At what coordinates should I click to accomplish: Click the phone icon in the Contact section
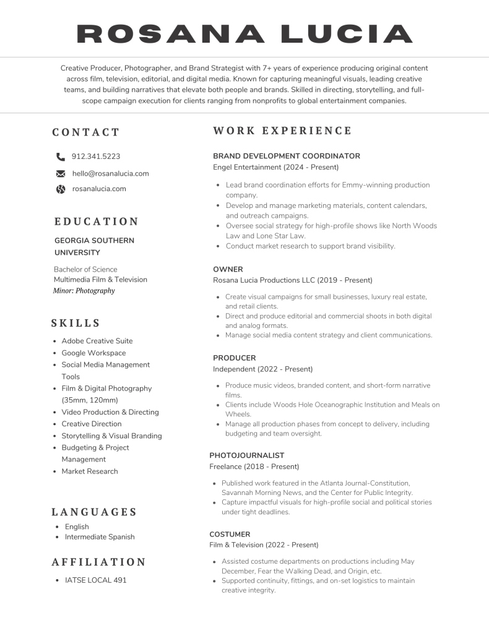pos(60,157)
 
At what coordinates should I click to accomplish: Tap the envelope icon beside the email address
pos(61,174)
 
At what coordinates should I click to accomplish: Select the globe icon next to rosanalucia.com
pos(61,189)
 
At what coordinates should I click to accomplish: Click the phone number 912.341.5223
pos(96,157)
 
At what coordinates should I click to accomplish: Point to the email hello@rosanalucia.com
pos(110,174)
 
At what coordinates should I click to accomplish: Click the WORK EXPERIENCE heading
pos(282,131)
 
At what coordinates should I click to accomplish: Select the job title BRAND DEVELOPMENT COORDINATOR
pos(287,156)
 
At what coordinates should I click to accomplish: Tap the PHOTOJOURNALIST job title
pos(246,455)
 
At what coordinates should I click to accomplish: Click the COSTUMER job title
pos(230,534)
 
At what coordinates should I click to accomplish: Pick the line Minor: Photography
pos(84,290)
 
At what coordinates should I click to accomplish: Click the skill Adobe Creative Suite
pos(97,341)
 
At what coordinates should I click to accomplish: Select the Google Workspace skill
pos(93,353)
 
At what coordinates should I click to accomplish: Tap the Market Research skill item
pos(89,472)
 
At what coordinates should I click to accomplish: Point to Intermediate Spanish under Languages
pos(100,537)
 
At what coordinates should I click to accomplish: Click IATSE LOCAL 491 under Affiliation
pos(96,580)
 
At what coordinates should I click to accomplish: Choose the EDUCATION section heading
pos(97,222)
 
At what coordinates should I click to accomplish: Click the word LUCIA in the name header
pos(347,33)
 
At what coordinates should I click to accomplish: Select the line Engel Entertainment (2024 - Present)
pos(275,168)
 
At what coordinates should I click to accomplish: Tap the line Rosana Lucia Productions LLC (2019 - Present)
pos(293,280)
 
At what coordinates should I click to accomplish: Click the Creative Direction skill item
pos(91,424)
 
